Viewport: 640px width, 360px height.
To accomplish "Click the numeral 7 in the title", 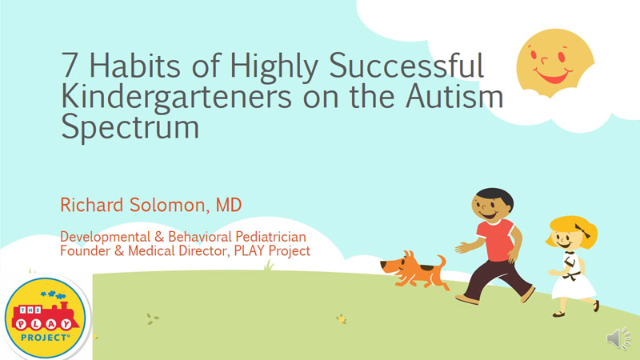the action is (x=70, y=66).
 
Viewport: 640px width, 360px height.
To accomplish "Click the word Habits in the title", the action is (x=134, y=65).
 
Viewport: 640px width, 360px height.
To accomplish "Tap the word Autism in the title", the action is (x=454, y=96).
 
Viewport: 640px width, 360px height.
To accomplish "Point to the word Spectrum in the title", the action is (x=130, y=127).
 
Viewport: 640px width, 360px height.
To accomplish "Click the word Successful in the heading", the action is (x=406, y=65).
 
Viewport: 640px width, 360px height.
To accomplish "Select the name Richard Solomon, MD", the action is (x=151, y=205).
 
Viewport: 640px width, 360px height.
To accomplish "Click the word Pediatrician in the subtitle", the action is (x=270, y=237).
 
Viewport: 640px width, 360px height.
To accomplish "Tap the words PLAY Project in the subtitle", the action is (x=272, y=250).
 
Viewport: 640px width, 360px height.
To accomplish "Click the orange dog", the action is (x=414, y=271).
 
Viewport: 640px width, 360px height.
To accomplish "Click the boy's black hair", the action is (x=494, y=195).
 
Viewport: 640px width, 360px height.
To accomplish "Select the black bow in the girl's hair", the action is (x=582, y=230).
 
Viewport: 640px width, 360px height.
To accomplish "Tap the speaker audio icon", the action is (x=618, y=338).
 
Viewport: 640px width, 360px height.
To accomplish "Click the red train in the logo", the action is (x=45, y=317).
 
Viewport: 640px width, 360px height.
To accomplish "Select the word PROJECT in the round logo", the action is (x=45, y=338).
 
